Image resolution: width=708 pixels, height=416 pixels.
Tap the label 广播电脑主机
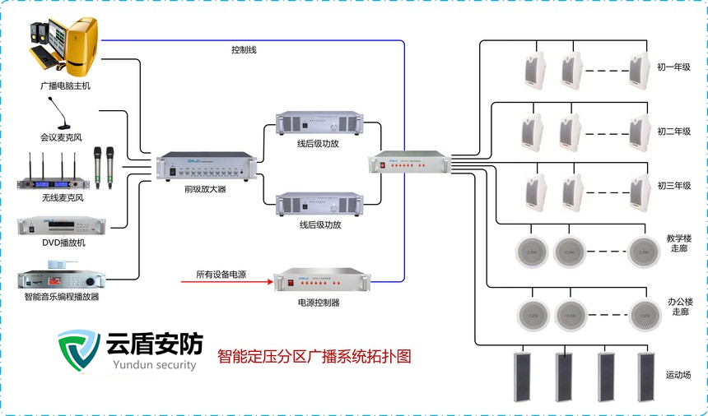point(66,85)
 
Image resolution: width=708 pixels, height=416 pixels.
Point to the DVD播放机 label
point(63,243)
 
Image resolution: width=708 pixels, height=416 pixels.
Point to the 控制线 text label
point(244,50)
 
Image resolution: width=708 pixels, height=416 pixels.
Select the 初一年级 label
point(673,66)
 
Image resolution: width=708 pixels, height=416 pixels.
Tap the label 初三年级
point(673,186)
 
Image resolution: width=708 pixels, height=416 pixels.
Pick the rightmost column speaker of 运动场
point(647,376)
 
